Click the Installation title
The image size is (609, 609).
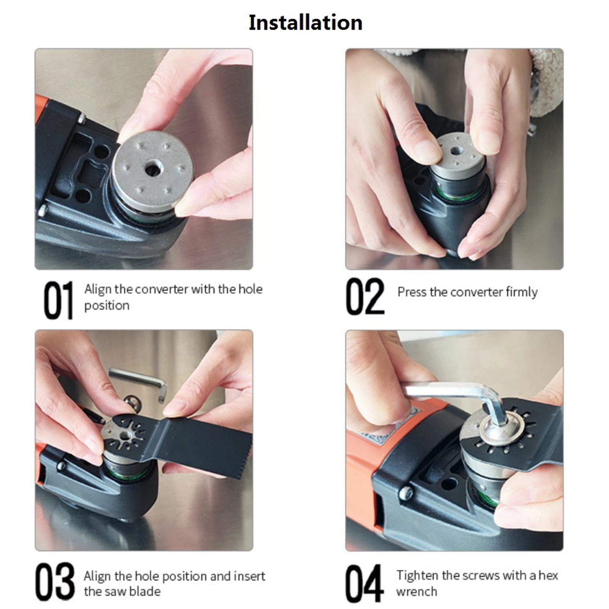[x=305, y=22]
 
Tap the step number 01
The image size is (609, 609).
[x=58, y=300]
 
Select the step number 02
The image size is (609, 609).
[x=365, y=297]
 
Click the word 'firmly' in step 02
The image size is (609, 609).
[x=521, y=292]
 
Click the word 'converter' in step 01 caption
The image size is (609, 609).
[x=161, y=289]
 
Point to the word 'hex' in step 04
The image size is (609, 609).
[x=548, y=575]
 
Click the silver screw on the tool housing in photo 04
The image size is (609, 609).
[x=406, y=493]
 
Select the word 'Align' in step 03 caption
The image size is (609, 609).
[x=98, y=577]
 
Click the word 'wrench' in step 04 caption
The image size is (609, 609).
[x=416, y=591]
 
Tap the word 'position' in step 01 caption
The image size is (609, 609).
[x=107, y=306]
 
